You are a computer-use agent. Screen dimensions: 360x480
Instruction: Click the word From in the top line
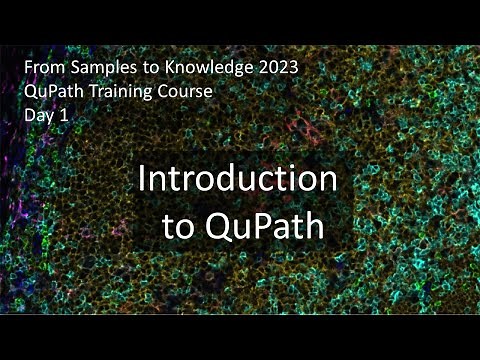[42, 69]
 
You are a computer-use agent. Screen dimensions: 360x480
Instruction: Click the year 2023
[274, 69]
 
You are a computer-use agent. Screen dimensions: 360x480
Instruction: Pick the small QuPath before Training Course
[51, 91]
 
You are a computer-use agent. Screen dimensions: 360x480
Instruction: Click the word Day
[38, 113]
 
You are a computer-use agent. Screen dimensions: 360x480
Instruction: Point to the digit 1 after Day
[64, 112]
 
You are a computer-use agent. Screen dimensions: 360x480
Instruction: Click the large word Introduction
[237, 181]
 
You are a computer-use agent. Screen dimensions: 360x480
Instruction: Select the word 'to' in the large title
[179, 226]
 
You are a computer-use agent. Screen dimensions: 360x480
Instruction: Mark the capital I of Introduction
[142, 181]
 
